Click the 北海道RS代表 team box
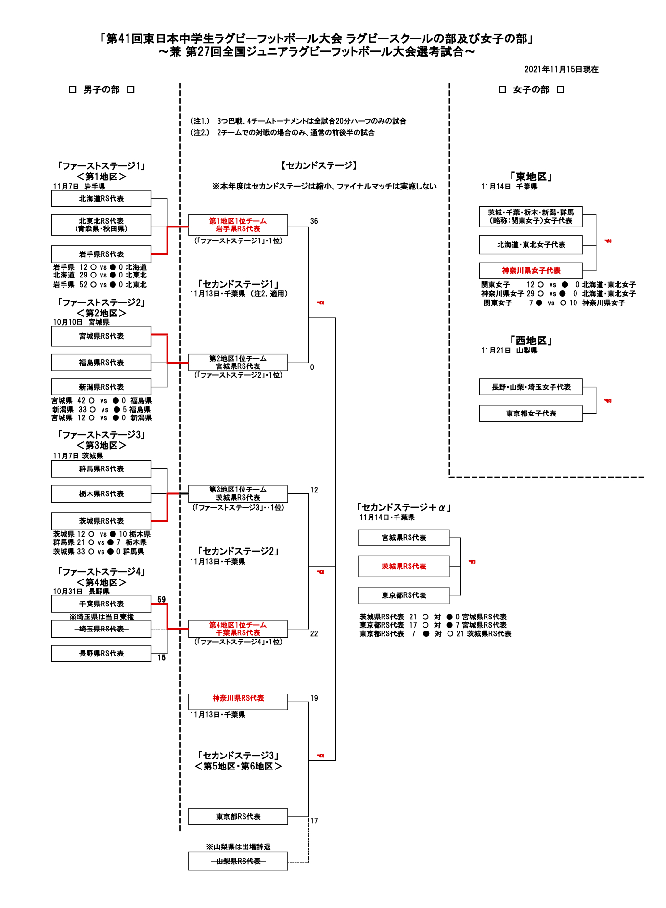tap(101, 199)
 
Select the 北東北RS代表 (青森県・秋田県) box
tap(101, 225)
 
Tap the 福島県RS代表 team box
tap(101, 363)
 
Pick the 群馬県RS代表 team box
tap(101, 469)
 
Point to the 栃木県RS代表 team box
tap(101, 494)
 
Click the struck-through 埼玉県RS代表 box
tap(101, 629)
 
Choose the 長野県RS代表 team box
tap(101, 654)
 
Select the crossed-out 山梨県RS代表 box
tap(238, 861)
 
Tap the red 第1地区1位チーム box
tap(238, 225)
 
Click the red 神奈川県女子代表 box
tap(531, 271)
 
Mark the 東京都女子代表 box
tap(531, 414)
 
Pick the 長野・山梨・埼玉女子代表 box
tap(531, 387)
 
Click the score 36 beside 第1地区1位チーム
tap(314, 221)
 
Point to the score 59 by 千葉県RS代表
tap(161, 600)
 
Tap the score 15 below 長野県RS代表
tap(161, 658)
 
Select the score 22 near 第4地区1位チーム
tap(314, 634)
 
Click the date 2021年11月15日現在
tap(561, 69)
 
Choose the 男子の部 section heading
tap(101, 90)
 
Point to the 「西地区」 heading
tap(531, 341)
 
